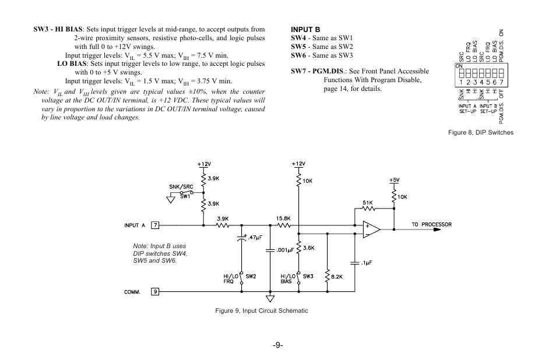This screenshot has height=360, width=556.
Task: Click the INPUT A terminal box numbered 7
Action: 155,225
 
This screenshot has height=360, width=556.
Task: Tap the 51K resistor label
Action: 368,203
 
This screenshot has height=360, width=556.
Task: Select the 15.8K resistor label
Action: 284,219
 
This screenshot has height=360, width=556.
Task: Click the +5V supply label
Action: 395,181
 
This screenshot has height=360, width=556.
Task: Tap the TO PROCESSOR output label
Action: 432,225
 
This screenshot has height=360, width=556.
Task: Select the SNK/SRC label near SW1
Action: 181,187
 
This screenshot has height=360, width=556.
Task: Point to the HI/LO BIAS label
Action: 287,278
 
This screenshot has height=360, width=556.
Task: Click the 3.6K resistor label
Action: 309,248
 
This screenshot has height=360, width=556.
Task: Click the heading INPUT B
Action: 305,28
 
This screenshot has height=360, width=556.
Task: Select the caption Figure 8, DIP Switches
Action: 480,133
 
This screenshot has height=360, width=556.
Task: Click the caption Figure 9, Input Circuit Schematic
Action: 262,310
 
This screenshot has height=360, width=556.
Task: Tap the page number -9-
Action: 277,345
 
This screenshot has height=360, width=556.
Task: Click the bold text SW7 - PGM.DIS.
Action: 318,71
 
